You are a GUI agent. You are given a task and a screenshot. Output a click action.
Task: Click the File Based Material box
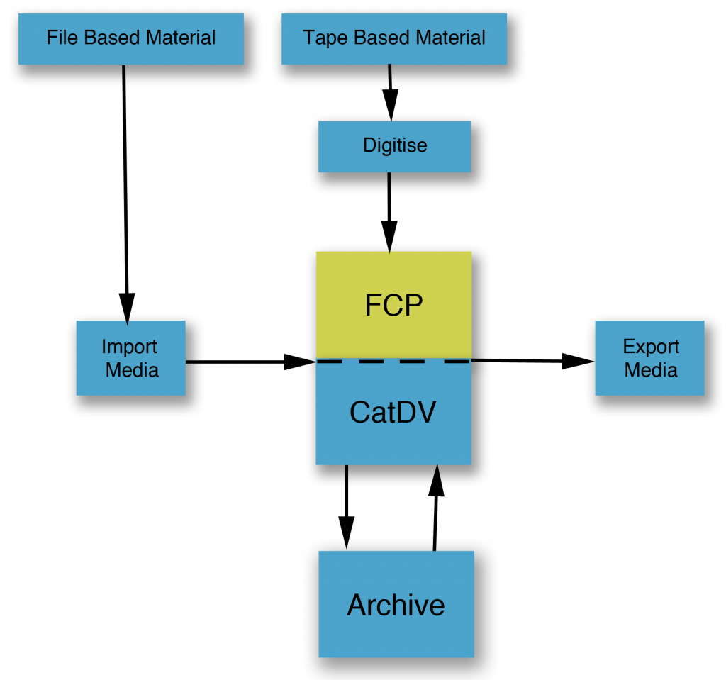[x=131, y=38]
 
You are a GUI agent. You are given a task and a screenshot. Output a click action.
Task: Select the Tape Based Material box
[x=394, y=38]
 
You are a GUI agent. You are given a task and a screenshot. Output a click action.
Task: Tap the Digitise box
[x=394, y=146]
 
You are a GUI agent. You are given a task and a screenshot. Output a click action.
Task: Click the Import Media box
[x=130, y=358]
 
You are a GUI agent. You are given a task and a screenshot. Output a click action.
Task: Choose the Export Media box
[x=650, y=358]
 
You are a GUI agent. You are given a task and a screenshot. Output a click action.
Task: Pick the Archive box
[x=396, y=605]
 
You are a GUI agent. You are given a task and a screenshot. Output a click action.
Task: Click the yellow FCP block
[x=393, y=305]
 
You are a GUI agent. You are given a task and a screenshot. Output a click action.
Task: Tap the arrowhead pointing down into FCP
[x=389, y=237]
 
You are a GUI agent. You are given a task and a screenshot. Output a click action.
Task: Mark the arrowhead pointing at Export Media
[x=580, y=362]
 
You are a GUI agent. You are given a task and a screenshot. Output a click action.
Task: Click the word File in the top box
[x=62, y=38]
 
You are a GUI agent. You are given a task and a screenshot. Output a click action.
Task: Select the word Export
[x=651, y=347]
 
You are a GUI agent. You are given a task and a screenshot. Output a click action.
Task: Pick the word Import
[x=129, y=347]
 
